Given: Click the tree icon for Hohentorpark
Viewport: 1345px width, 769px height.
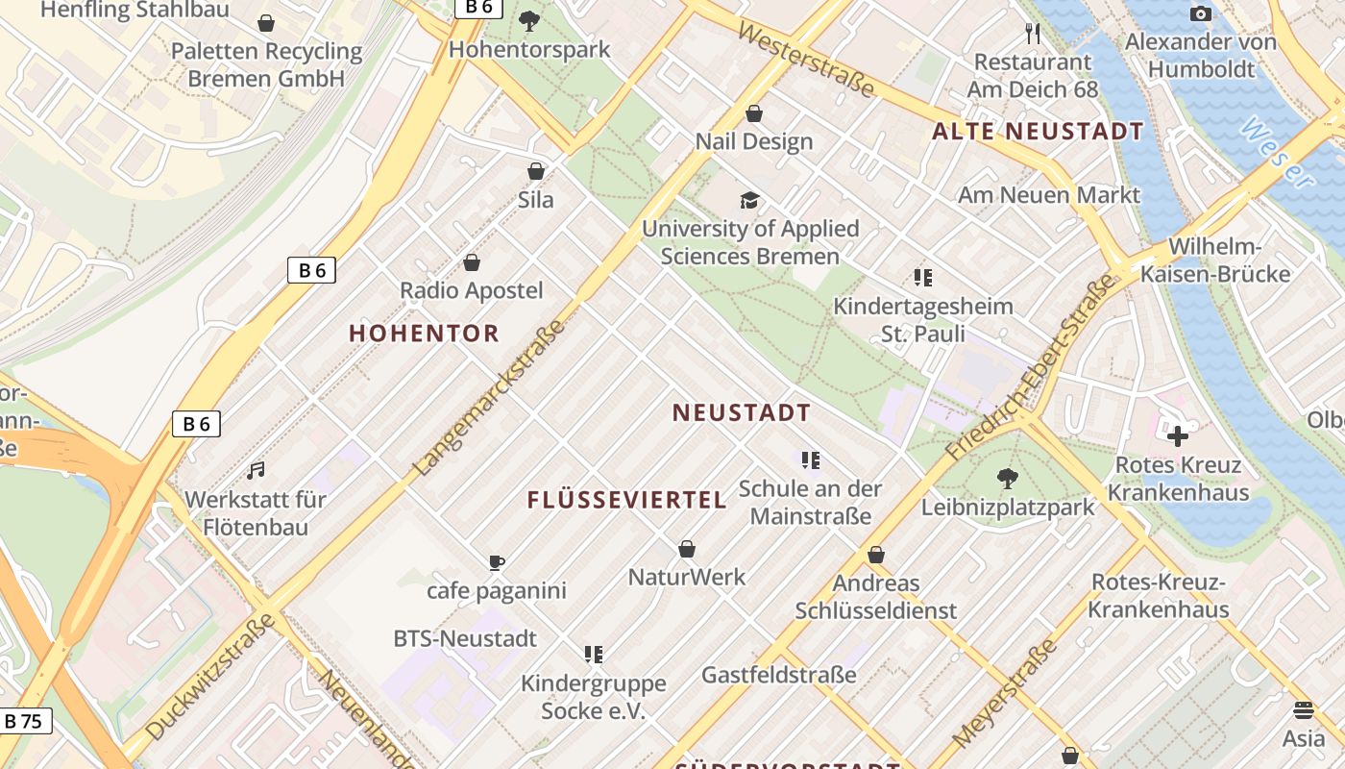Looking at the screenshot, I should pyautogui.click(x=528, y=20).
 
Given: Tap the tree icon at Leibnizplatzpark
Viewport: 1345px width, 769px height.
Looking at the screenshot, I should pyautogui.click(x=1007, y=478).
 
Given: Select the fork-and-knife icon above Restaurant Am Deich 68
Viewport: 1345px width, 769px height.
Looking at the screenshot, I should pyautogui.click(x=1033, y=34).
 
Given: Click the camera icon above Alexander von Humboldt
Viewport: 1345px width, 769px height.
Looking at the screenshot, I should pyautogui.click(x=1200, y=13).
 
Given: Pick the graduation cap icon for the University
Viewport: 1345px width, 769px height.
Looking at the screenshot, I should pyautogui.click(x=749, y=200).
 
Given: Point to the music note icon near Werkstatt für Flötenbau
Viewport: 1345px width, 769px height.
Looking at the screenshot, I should pyautogui.click(x=256, y=470).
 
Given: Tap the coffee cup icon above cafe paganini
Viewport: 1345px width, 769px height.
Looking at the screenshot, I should pyautogui.click(x=496, y=562).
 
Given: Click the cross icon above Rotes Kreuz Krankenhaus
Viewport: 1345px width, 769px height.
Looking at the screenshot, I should pyautogui.click(x=1177, y=436).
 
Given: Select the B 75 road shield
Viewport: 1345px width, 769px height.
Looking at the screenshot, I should pyautogui.click(x=24, y=721).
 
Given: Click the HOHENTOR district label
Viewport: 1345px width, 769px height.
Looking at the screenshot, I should pyautogui.click(x=424, y=334).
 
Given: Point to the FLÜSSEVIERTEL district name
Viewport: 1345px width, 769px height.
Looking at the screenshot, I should pyautogui.click(x=626, y=500).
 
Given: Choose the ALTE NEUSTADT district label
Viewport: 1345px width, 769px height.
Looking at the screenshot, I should pyautogui.click(x=1039, y=132).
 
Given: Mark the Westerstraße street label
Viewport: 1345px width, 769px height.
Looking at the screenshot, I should pyautogui.click(x=807, y=60).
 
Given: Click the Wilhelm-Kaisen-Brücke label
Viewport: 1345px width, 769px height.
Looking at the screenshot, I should pyautogui.click(x=1215, y=260).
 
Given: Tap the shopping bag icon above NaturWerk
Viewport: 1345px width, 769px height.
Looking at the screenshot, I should pyautogui.click(x=687, y=549).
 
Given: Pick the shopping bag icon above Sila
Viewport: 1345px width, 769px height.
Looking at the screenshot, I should pyautogui.click(x=536, y=171).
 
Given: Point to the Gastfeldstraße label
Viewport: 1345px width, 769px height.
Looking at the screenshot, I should pyautogui.click(x=778, y=675).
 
